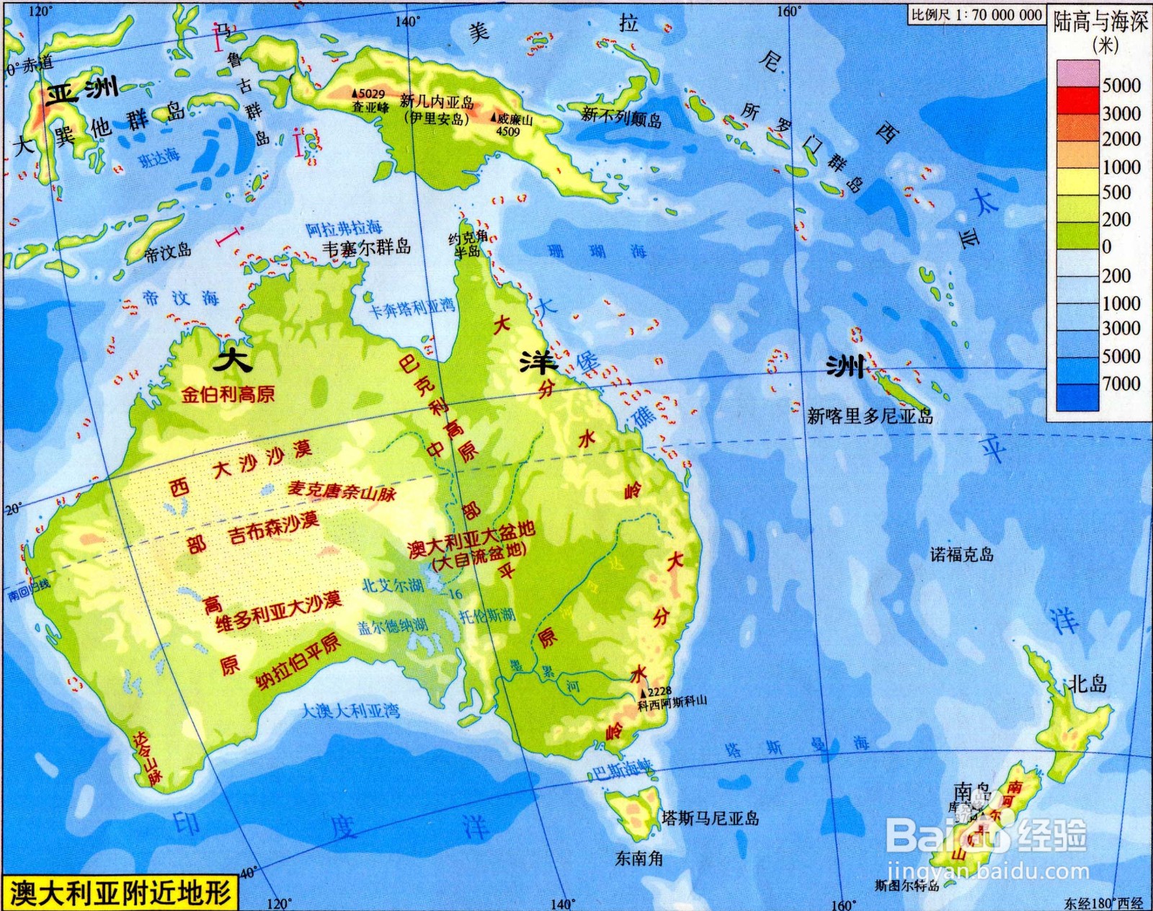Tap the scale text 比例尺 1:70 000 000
click(976, 14)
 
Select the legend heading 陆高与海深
click(1100, 22)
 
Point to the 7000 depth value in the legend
click(1121, 383)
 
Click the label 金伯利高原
click(227, 394)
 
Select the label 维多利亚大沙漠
click(278, 612)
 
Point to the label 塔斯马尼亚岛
click(710, 818)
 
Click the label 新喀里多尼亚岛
click(870, 416)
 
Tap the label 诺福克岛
click(961, 554)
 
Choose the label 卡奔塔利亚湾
click(412, 308)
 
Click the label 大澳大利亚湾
click(350, 711)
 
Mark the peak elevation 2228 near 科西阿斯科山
click(659, 691)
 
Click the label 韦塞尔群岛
click(366, 247)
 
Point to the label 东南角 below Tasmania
click(638, 858)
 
